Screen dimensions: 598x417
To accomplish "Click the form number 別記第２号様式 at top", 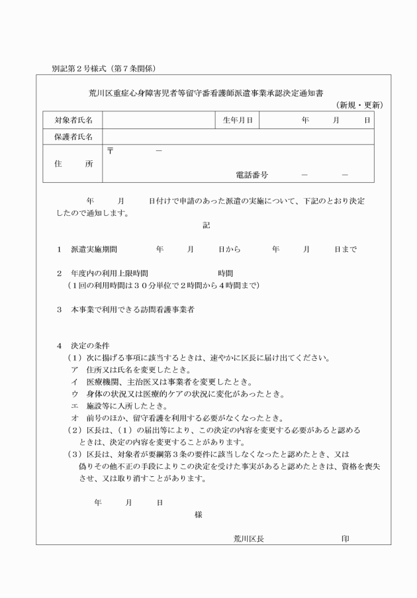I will [83, 69].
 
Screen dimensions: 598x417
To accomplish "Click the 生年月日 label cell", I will [237, 120].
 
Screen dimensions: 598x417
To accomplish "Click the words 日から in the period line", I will [229, 250].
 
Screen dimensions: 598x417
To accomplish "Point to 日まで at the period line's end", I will [346, 250].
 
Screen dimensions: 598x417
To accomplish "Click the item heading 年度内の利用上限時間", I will [109, 273].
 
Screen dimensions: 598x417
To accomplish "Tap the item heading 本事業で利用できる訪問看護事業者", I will [132, 309].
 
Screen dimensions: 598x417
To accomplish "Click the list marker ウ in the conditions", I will [74, 394].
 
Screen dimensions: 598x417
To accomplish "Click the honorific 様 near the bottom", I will [199, 514].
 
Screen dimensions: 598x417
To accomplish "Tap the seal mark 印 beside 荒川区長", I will [345, 538].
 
